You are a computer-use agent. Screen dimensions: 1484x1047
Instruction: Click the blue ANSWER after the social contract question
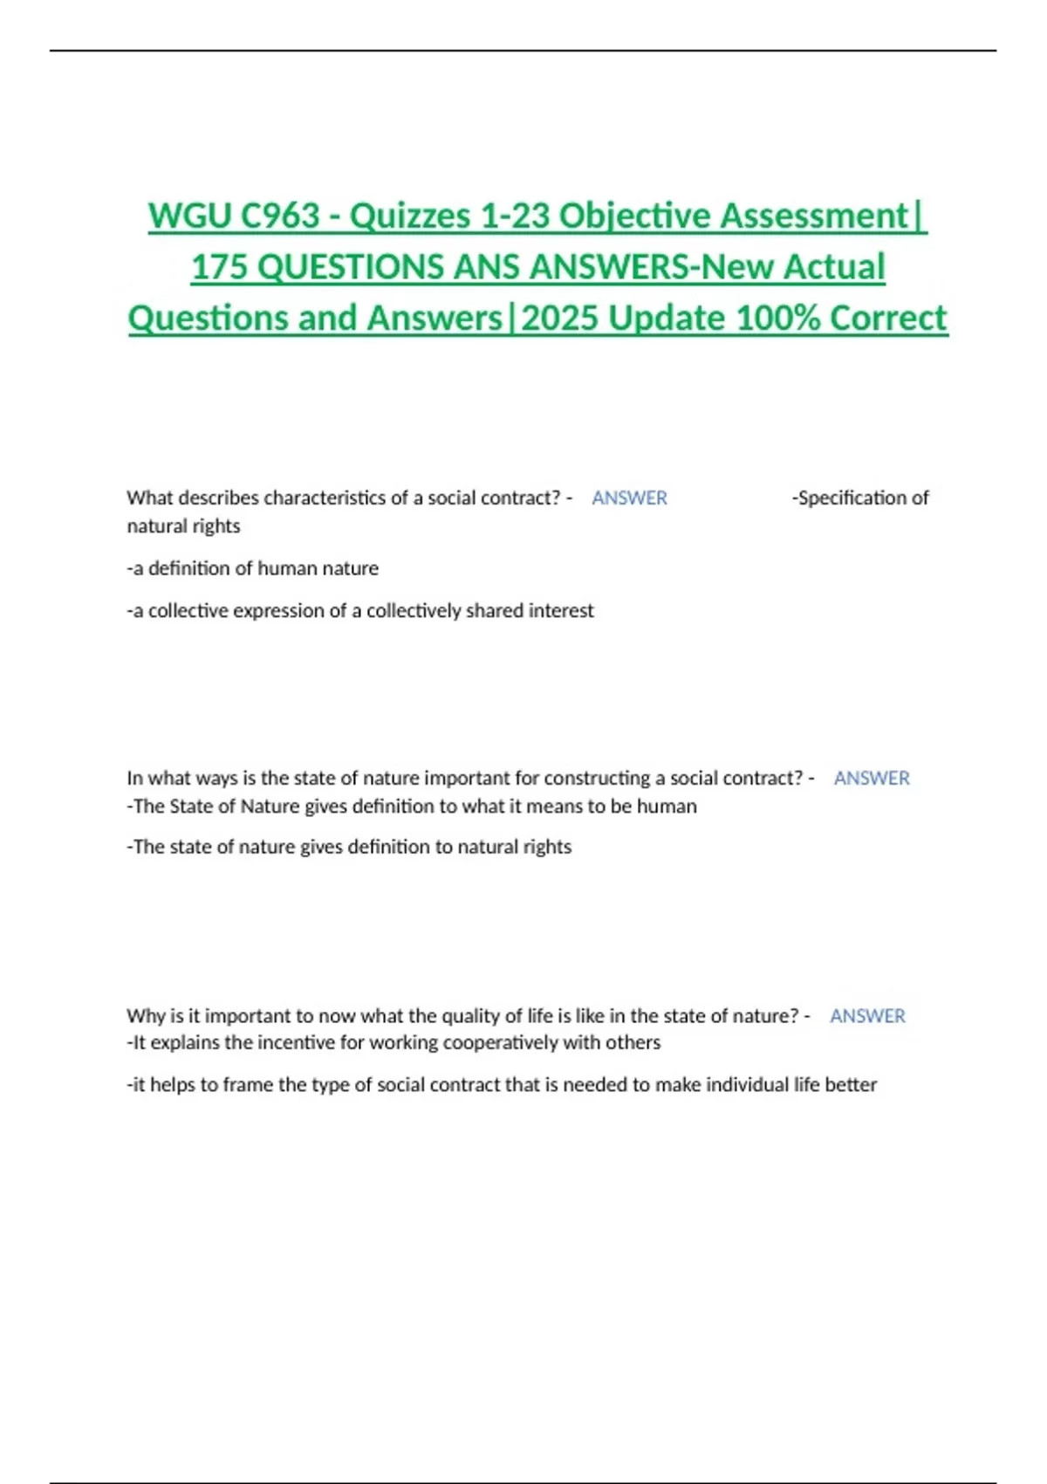click(x=629, y=498)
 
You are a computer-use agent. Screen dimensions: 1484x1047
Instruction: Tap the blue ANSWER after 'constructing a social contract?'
click(x=871, y=779)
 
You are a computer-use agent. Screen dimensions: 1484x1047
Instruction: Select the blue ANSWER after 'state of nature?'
click(x=867, y=1016)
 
